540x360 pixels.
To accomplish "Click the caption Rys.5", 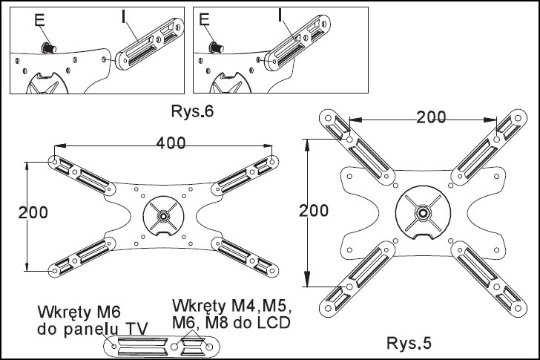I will (x=407, y=344).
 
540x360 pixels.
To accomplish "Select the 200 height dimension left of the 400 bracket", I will (x=33, y=212).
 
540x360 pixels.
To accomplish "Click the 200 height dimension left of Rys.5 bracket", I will (x=314, y=210).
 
